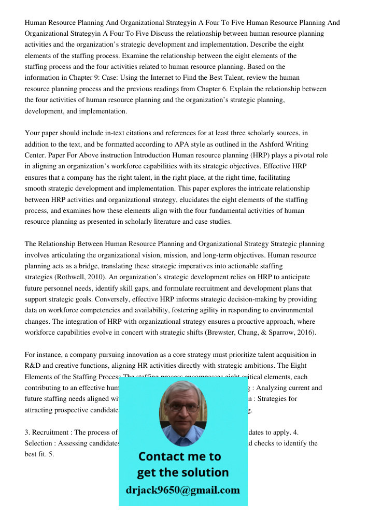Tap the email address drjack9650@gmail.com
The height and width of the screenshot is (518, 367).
coord(183,490)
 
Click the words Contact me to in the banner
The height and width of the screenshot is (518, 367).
coord(179,456)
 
